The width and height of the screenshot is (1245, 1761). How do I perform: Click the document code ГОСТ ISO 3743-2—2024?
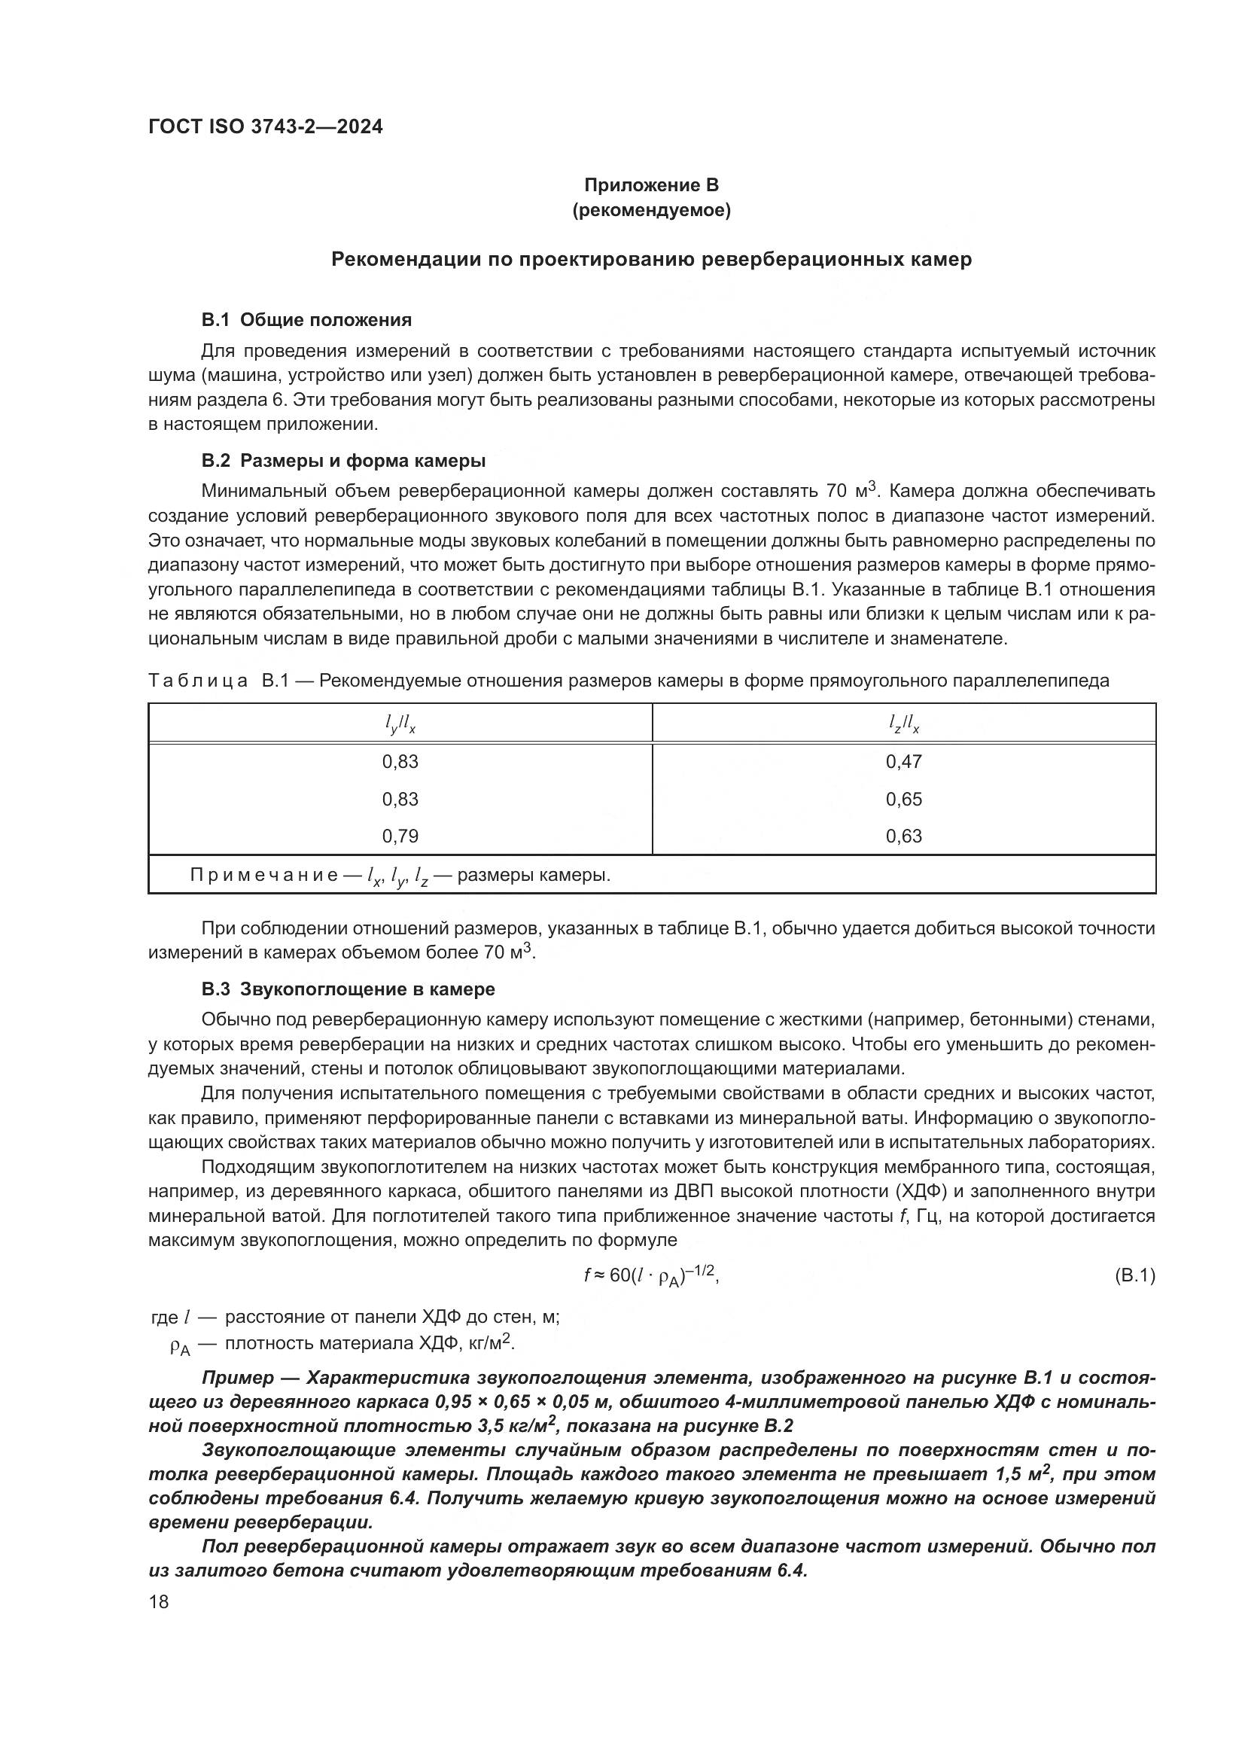[265, 127]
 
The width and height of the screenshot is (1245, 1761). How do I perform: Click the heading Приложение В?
[651, 185]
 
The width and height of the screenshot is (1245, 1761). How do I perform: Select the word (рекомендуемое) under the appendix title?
[651, 210]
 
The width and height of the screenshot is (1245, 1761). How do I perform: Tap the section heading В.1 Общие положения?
[306, 320]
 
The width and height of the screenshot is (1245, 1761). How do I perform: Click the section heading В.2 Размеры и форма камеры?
[342, 461]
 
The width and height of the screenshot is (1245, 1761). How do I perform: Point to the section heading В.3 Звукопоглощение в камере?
[348, 989]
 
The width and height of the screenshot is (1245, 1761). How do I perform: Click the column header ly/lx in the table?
[400, 724]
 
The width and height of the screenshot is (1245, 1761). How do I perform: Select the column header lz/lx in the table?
[904, 724]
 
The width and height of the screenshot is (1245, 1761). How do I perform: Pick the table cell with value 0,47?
[904, 762]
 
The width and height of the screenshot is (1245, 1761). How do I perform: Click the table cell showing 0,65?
[904, 800]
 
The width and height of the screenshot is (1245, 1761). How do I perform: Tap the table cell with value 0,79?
[400, 836]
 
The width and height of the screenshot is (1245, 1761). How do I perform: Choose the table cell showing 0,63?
[904, 836]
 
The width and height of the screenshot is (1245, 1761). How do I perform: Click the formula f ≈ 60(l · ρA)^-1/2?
[651, 1275]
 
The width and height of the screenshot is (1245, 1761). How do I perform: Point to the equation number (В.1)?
[1134, 1276]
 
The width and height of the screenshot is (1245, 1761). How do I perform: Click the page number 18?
[159, 1602]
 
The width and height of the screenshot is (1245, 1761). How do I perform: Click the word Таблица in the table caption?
[198, 681]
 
